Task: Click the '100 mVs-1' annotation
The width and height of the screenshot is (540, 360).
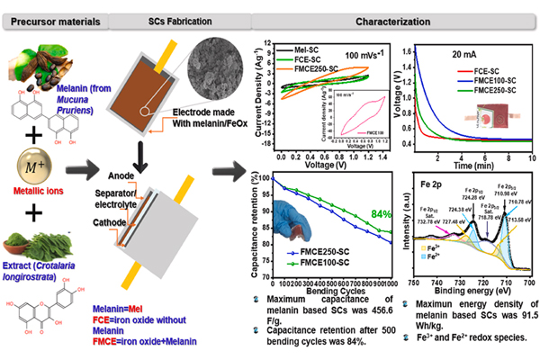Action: [x=364, y=56]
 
